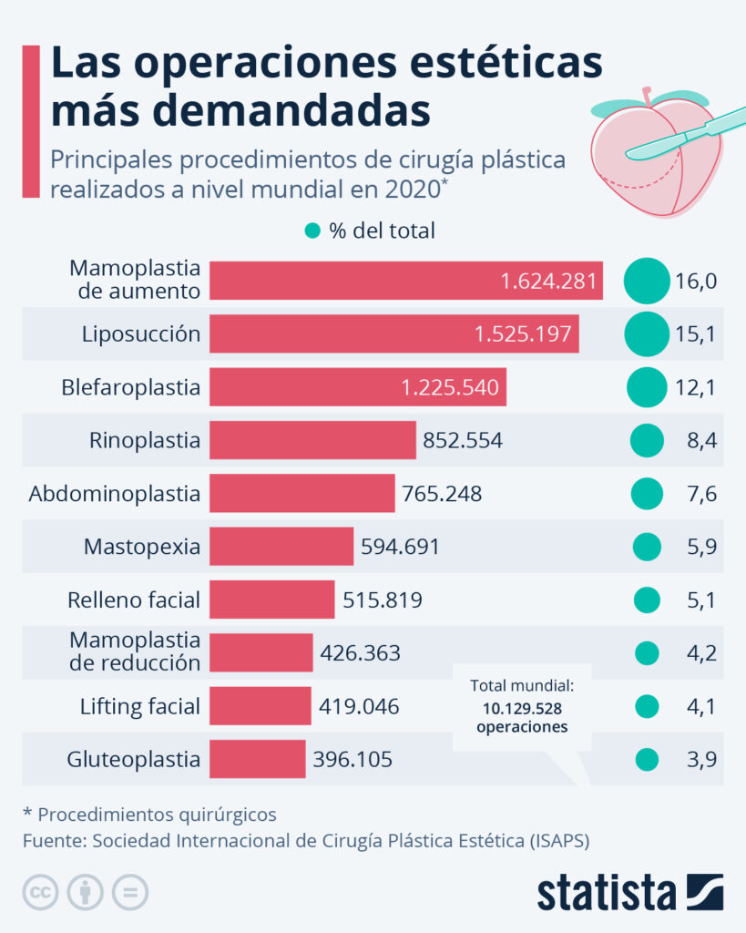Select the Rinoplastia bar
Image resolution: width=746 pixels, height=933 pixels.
point(312,440)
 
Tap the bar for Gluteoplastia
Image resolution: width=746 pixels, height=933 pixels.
point(257,759)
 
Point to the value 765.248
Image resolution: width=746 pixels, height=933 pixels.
point(442,494)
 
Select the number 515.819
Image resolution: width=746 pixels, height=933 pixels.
point(383,600)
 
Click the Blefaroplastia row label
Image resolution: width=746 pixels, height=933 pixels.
point(131,387)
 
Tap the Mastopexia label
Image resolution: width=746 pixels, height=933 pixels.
point(142,547)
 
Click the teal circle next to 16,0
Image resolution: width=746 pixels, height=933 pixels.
point(647,281)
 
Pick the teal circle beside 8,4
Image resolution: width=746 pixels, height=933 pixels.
point(647,441)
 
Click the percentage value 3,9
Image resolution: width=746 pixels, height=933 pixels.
point(696,760)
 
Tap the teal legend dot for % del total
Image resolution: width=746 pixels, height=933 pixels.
point(312,231)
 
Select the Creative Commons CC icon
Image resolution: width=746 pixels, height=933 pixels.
point(41,892)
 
